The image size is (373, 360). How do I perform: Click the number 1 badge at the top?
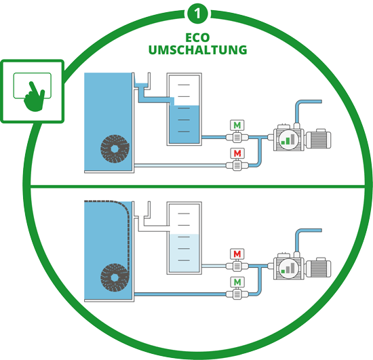(197, 13)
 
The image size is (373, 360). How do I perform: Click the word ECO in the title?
(197, 37)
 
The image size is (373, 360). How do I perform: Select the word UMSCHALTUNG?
(197, 50)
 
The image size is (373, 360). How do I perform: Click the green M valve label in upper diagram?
(237, 125)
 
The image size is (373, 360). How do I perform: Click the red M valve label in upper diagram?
(237, 153)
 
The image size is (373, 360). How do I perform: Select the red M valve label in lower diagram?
(237, 254)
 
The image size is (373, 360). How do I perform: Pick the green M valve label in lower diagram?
(237, 282)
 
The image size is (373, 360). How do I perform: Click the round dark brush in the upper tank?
(115, 149)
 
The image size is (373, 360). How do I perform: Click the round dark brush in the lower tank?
(115, 277)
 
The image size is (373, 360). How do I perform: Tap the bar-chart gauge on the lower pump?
(288, 268)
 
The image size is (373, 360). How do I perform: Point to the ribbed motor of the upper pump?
(318, 139)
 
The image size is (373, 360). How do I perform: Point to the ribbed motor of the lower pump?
(318, 268)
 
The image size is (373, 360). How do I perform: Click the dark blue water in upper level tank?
(184, 124)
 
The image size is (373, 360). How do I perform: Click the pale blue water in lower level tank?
(184, 254)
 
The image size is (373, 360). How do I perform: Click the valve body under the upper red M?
(237, 165)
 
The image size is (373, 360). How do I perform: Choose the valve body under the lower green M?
(237, 294)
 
